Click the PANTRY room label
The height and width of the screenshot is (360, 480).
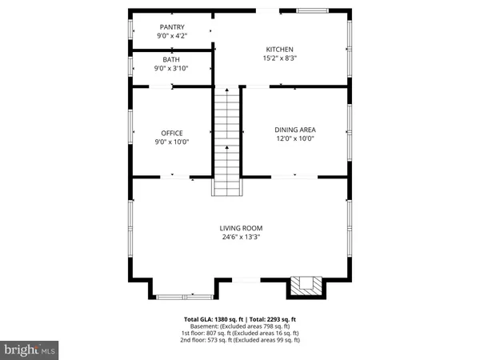click(171, 27)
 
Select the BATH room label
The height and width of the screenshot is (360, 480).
click(171, 60)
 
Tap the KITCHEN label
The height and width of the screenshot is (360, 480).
click(280, 50)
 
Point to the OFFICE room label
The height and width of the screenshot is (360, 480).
click(172, 133)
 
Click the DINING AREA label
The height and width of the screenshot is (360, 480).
click(294, 130)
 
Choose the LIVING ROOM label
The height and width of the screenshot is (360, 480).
click(241, 227)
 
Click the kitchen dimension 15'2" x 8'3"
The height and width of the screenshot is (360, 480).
click(280, 58)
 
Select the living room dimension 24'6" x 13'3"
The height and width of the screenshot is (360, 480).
click(241, 236)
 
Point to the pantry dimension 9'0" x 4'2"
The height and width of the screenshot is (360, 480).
click(171, 36)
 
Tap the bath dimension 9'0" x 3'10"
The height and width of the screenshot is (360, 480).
click(171, 69)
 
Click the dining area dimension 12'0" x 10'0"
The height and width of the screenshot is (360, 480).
click(294, 138)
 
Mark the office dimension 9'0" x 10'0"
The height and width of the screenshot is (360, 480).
click(172, 142)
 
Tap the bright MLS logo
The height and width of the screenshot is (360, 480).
click(30, 350)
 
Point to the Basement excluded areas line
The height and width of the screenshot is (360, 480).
click(241, 327)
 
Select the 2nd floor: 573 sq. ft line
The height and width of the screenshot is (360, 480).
click(241, 340)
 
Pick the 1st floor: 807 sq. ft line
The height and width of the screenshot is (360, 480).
click(241, 334)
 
